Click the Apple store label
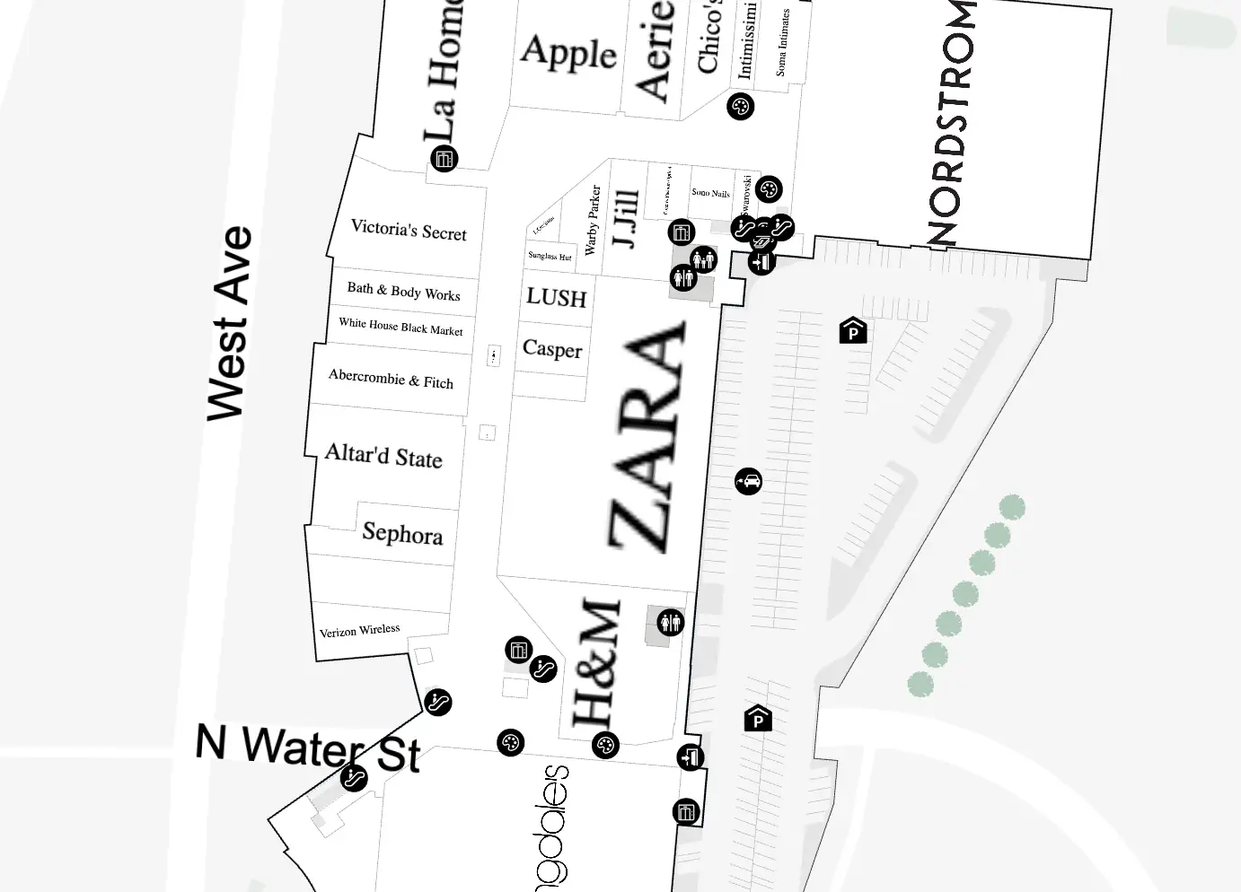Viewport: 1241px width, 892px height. [568, 53]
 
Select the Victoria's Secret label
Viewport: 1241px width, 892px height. [409, 230]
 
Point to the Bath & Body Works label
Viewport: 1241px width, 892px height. [403, 291]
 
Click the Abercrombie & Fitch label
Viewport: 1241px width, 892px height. [391, 379]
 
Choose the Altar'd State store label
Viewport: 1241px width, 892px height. [383, 455]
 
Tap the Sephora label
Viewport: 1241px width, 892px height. [402, 533]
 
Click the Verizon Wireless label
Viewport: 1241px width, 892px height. [359, 631]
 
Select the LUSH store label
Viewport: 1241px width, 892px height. [556, 297]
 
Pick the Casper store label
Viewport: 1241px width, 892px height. [552, 349]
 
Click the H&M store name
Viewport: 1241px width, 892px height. [597, 663]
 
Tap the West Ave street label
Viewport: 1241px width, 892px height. [230, 323]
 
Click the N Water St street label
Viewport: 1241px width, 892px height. [308, 748]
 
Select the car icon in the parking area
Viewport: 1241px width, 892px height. [748, 481]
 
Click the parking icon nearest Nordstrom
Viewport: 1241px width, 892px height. [853, 331]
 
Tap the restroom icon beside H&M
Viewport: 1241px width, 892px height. [671, 622]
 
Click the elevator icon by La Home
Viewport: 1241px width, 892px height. [444, 159]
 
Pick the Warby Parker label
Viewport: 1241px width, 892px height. [592, 220]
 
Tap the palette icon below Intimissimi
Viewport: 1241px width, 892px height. [740, 107]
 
